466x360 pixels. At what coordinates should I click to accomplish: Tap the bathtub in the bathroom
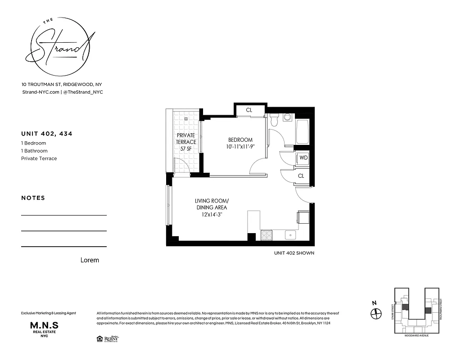[x=302, y=132]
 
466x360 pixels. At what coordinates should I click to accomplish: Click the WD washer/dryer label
[x=303, y=158]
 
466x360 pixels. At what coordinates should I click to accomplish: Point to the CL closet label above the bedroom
[x=249, y=110]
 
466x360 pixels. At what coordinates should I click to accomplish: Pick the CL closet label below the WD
[x=301, y=176]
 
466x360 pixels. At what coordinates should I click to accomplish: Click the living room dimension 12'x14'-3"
[x=211, y=215]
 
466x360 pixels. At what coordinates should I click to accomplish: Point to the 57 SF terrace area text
[x=186, y=148]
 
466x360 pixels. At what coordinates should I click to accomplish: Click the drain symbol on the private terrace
[x=186, y=119]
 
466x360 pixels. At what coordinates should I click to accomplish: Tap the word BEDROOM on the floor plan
[x=240, y=140]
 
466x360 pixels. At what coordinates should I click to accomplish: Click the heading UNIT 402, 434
[x=47, y=134]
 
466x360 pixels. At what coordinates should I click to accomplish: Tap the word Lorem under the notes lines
[x=90, y=260]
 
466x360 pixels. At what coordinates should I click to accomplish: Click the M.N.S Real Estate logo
[x=44, y=328]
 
